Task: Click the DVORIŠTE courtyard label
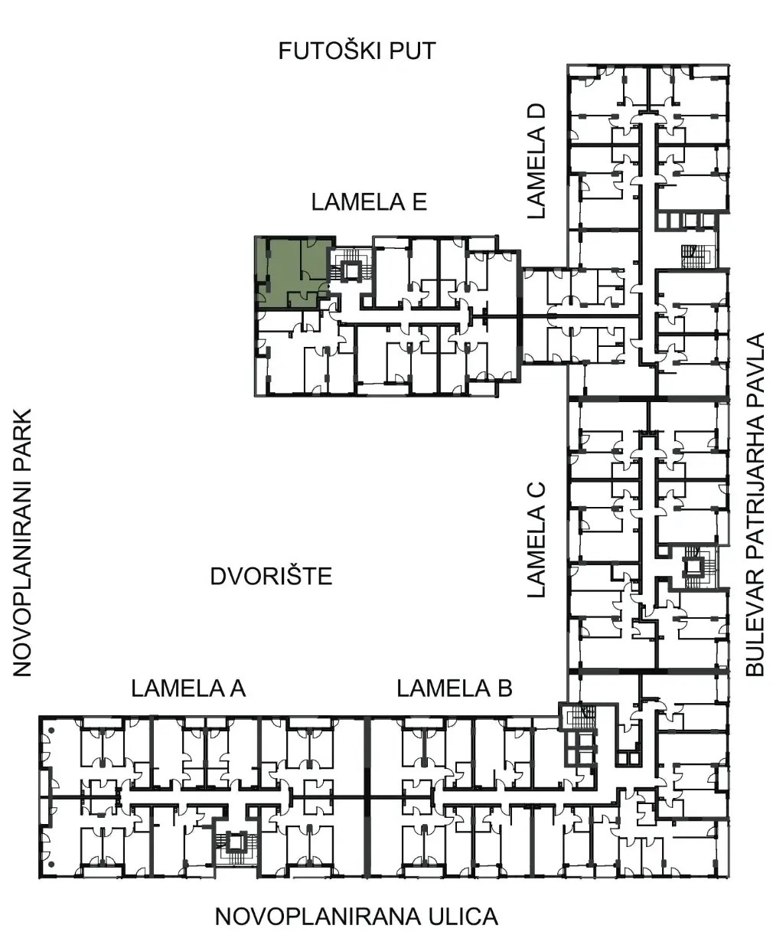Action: (x=272, y=576)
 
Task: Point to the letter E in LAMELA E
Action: (x=419, y=202)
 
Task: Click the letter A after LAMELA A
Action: (x=237, y=688)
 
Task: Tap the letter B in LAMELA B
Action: (x=504, y=688)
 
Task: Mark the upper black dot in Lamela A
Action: (x=51, y=731)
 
